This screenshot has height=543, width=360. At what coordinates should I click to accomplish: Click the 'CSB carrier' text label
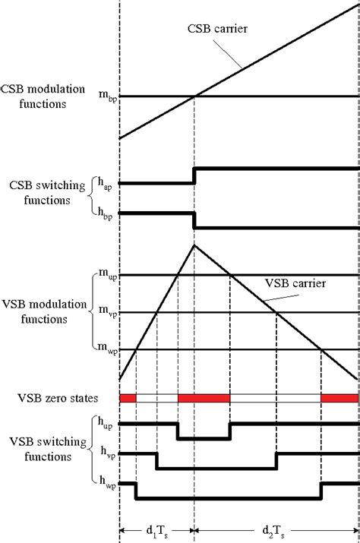tap(217, 28)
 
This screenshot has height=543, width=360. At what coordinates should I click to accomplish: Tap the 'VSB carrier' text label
tap(295, 283)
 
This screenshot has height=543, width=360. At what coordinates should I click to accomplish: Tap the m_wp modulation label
tap(108, 349)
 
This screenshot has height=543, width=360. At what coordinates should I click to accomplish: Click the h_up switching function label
tap(105, 423)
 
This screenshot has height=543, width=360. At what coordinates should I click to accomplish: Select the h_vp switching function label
tap(108, 453)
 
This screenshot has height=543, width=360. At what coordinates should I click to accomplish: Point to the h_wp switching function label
tap(108, 482)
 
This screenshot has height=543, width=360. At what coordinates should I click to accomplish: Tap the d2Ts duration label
tap(273, 531)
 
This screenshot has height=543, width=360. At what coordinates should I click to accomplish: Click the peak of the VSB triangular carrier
tap(194, 245)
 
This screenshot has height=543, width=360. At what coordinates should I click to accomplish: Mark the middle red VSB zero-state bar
tap(204, 398)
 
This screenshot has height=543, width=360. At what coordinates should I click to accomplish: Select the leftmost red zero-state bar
tap(128, 398)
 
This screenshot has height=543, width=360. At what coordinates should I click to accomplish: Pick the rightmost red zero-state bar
tap(339, 398)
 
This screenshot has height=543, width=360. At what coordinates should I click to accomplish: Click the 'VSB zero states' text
tap(58, 398)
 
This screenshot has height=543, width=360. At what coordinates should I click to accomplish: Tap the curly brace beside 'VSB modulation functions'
tap(92, 311)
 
